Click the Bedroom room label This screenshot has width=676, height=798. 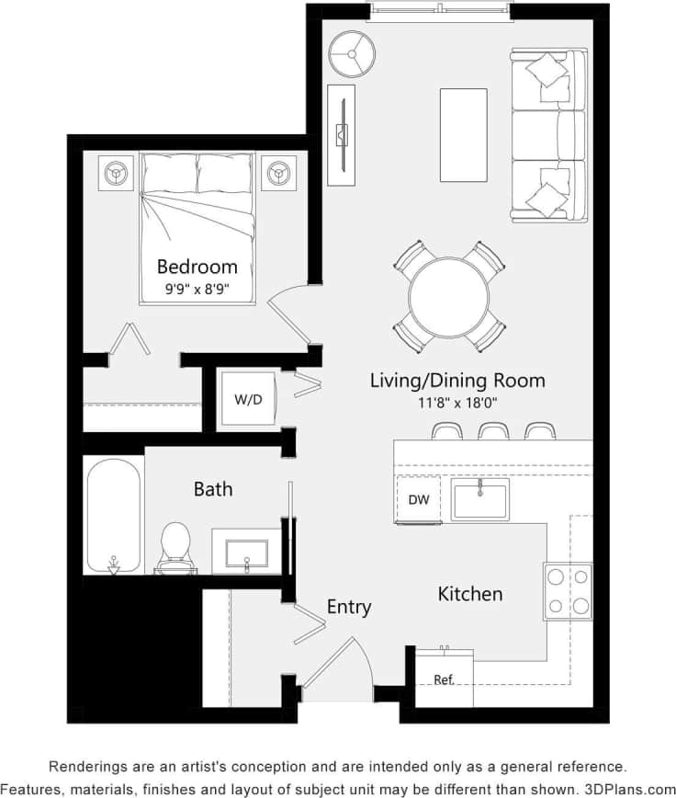[x=197, y=267]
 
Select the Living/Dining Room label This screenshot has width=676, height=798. [x=456, y=380]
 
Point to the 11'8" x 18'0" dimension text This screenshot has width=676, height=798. [x=456, y=403]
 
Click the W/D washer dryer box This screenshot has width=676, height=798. [x=248, y=400]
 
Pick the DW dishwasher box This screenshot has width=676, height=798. [x=417, y=499]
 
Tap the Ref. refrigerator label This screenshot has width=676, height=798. [x=445, y=679]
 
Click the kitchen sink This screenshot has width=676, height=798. [x=479, y=498]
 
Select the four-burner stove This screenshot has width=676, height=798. [x=568, y=590]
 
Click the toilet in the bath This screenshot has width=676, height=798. [x=175, y=546]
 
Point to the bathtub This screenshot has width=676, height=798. [x=114, y=515]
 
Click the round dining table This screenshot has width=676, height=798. [x=449, y=298]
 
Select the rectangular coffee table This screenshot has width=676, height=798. [x=464, y=135]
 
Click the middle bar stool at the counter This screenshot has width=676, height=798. [x=492, y=431]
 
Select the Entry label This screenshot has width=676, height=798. [x=349, y=607]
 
